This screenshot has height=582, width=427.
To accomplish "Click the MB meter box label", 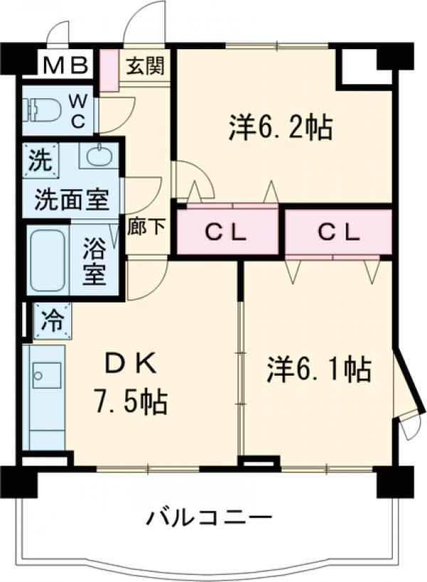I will (x=65, y=65).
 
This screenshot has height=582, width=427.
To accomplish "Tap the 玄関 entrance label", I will (x=146, y=66).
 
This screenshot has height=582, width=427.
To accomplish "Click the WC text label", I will (x=78, y=110).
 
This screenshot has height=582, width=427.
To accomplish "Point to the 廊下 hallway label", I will (x=147, y=227).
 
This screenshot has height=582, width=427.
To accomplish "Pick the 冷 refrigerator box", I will (x=51, y=319).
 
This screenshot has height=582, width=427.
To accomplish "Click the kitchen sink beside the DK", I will (x=47, y=375).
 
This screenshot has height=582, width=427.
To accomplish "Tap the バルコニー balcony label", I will (x=209, y=517).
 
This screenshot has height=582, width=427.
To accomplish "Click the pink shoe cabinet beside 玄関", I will (x=109, y=70).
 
